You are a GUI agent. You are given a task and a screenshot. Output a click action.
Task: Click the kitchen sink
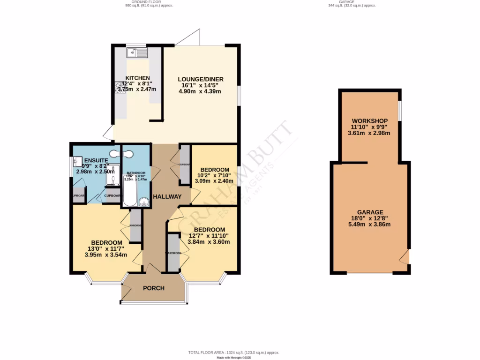click(x=137, y=52)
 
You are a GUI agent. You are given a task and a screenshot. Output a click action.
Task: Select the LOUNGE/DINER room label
click(x=200, y=79)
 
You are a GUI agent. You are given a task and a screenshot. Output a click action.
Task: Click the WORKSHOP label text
click(x=370, y=121)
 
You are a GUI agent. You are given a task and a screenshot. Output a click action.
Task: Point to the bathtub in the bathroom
click(x=130, y=190)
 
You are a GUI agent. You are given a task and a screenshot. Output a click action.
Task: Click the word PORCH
click(x=154, y=288)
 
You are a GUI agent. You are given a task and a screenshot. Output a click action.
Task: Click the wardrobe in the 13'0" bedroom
click(x=135, y=225)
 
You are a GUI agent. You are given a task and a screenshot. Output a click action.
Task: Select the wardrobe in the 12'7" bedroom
click(x=173, y=253)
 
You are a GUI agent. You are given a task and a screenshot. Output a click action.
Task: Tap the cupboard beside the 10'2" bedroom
click(x=185, y=165)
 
